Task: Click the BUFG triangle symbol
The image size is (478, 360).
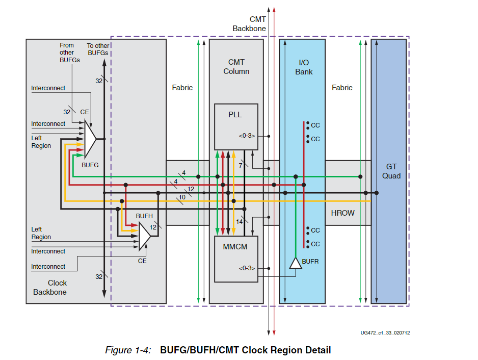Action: [x=90, y=138]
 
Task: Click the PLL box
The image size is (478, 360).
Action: [x=235, y=127]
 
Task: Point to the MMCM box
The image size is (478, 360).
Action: [x=235, y=259]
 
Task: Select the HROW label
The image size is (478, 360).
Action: [x=342, y=213]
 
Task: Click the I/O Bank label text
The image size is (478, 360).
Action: [x=304, y=67]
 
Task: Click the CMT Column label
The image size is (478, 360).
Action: [x=236, y=67]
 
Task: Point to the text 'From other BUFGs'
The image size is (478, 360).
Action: [x=67, y=53]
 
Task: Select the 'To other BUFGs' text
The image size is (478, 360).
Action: [x=98, y=49]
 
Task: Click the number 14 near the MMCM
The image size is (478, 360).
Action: [x=240, y=221]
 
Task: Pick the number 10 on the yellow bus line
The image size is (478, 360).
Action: [x=182, y=197]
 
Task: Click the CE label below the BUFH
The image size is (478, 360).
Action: [x=142, y=261]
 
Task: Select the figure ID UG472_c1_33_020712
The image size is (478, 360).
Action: [x=385, y=333]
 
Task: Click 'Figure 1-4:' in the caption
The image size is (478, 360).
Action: [x=128, y=350]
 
